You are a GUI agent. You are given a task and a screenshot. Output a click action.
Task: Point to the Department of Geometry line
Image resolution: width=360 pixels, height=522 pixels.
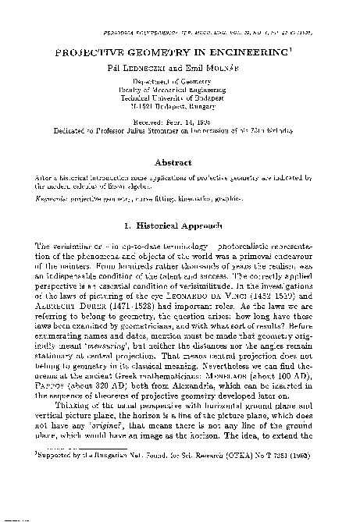179,80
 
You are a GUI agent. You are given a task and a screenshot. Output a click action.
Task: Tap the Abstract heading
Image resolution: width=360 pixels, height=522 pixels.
180,162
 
